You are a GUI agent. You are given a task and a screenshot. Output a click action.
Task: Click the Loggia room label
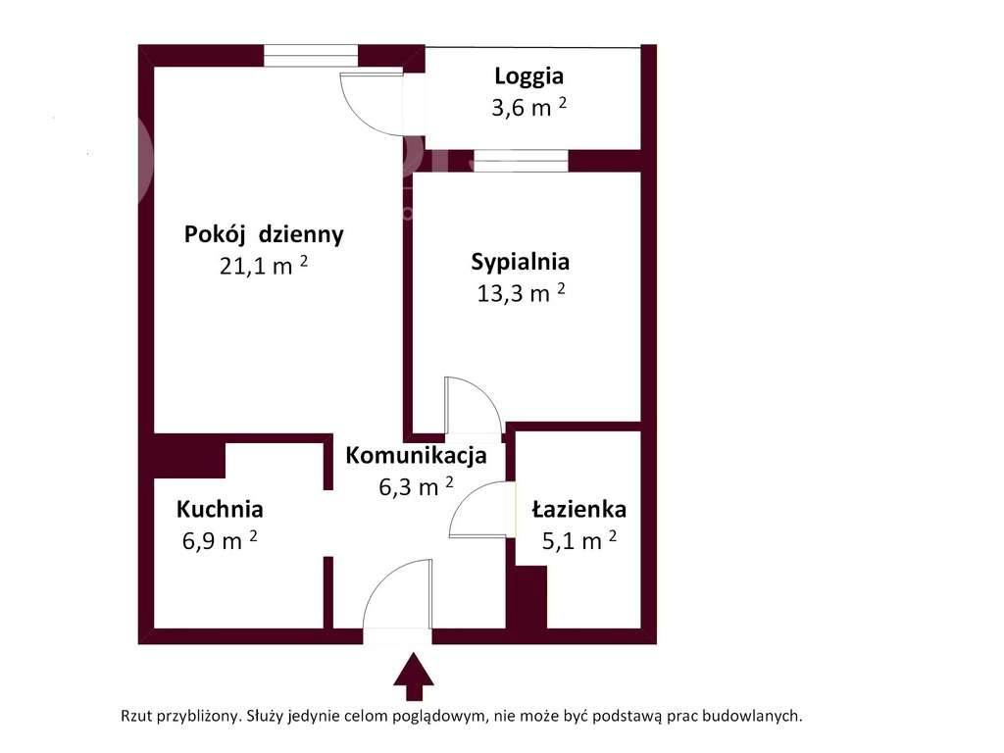(528, 75)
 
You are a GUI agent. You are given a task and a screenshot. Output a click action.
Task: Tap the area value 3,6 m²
(528, 107)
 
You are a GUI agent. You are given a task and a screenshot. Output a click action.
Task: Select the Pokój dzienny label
(264, 235)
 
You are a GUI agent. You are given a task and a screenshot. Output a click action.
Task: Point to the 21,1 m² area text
(264, 266)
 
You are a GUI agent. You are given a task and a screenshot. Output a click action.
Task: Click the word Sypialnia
(520, 262)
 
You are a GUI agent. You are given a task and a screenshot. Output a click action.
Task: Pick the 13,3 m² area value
(520, 293)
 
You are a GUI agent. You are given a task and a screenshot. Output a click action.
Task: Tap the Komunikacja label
(416, 455)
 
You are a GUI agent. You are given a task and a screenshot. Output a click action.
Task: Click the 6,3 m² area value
(416, 486)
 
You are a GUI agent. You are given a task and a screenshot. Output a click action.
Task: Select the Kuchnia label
(220, 510)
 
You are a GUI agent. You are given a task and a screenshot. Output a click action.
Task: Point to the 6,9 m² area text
(220, 540)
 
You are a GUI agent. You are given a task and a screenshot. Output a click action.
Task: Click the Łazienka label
(578, 510)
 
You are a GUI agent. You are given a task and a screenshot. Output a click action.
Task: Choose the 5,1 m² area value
(578, 540)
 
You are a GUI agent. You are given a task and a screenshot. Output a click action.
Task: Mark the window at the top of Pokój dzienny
(311, 57)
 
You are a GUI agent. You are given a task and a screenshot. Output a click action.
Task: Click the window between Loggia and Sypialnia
(520, 161)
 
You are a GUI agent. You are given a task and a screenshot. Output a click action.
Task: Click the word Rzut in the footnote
(138, 716)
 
